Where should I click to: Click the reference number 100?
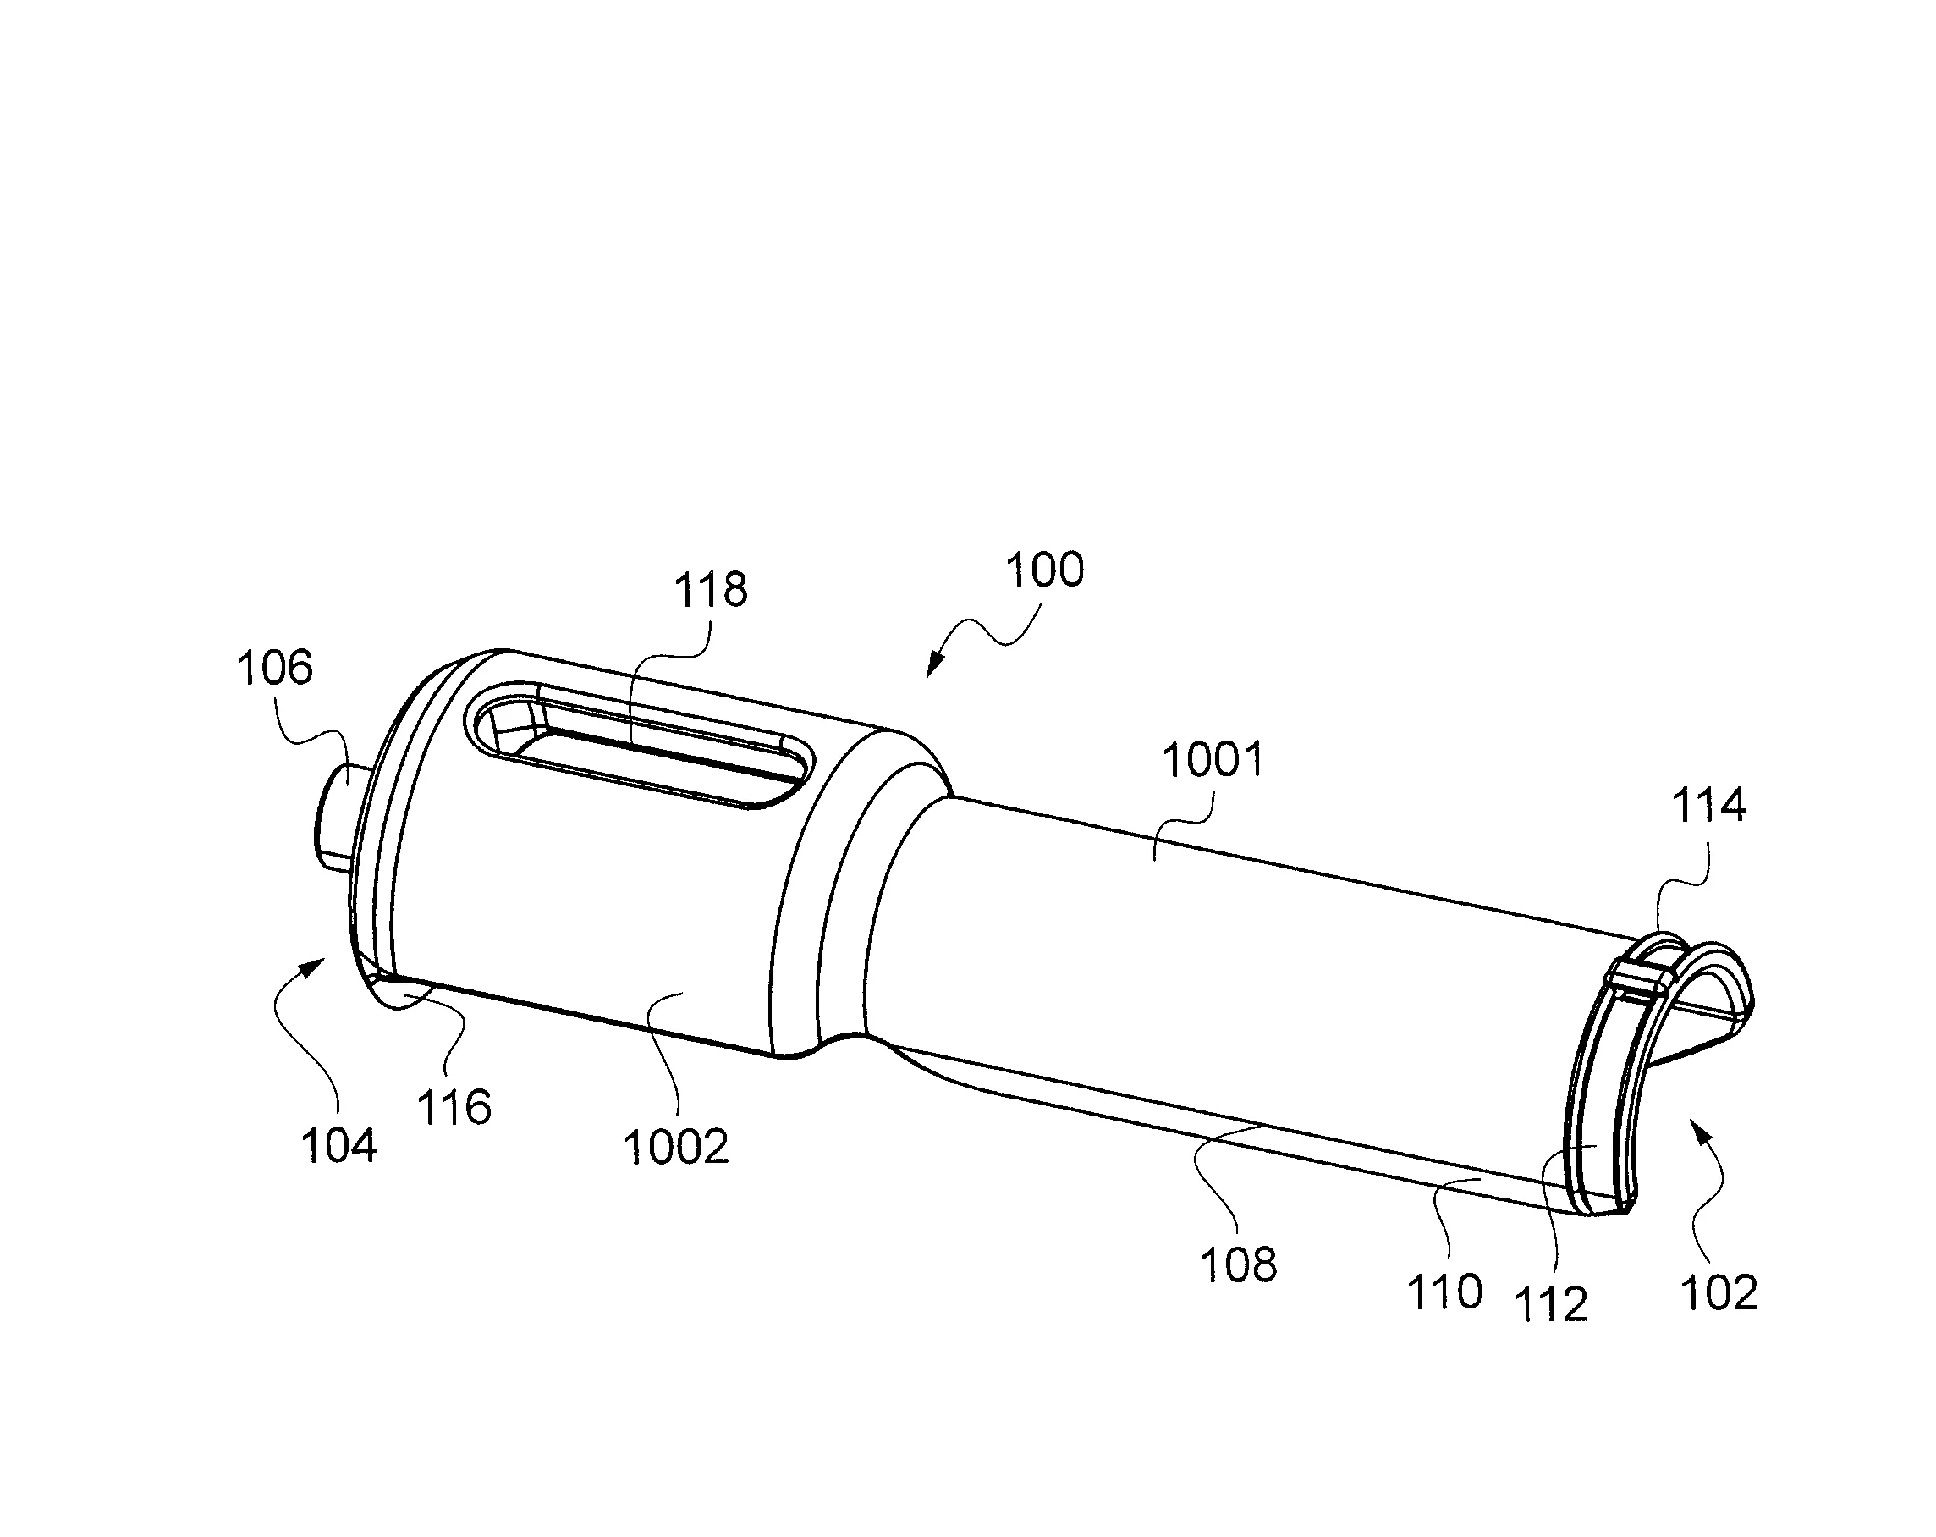coord(1044,570)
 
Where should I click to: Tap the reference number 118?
coord(710,590)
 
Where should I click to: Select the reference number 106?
coord(275,669)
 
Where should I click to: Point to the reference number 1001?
coord(1214,760)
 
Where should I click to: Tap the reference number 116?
coord(454,1107)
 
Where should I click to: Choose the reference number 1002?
coord(676,1147)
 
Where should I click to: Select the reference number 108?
coord(1238,1264)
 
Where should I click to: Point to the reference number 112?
coord(1552,1304)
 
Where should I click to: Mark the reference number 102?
coord(1719,1293)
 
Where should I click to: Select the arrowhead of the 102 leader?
coord(1700,1127)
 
